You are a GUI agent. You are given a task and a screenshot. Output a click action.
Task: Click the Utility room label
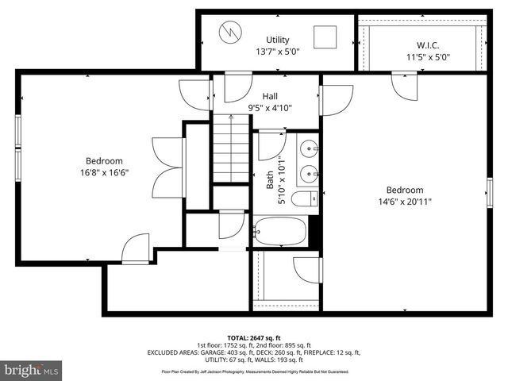tap(277, 40)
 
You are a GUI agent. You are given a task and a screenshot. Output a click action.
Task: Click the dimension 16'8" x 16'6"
tap(105, 171)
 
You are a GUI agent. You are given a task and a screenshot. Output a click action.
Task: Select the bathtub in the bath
tap(279, 232)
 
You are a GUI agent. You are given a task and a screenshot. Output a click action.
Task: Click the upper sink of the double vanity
tap(310, 148)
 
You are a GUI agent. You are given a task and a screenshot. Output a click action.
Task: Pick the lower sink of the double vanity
tap(310, 172)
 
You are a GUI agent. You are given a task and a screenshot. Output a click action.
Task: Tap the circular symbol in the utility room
tap(230, 32)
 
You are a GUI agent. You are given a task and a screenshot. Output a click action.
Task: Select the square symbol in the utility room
tap(324, 37)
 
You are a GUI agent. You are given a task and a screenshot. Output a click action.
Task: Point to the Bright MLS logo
tap(32, 370)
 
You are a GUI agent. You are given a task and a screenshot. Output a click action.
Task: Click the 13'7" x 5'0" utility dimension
tap(277, 52)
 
